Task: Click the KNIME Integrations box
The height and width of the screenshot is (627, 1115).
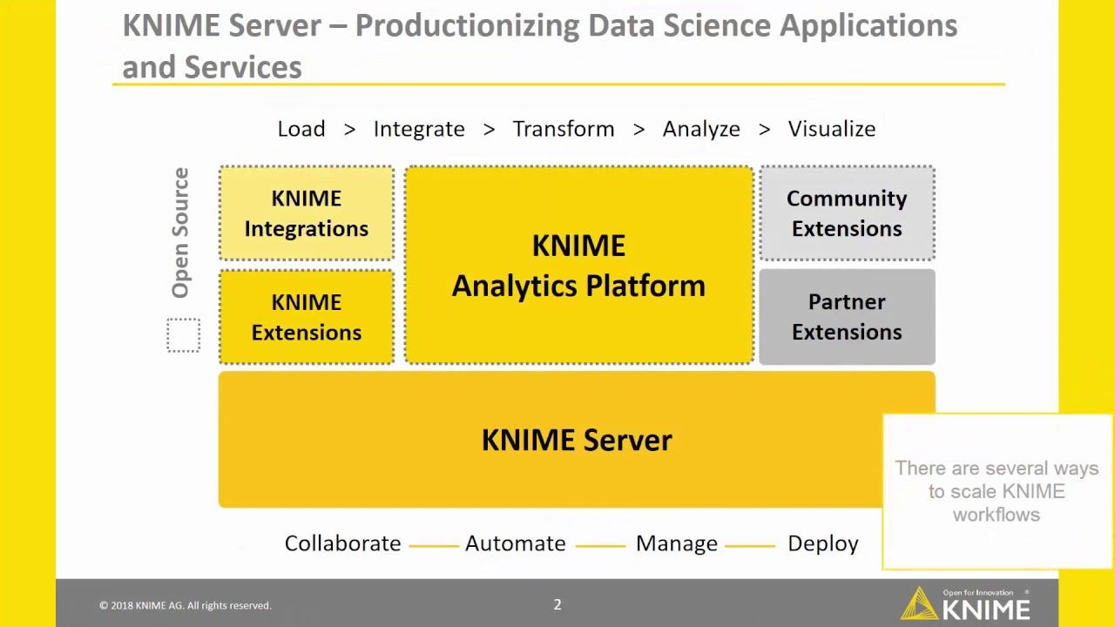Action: pos(306,213)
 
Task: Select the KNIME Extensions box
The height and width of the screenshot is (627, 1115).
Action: pos(306,317)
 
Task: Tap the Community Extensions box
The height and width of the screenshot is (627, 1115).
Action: pos(847,213)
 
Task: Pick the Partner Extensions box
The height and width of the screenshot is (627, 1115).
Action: pos(847,317)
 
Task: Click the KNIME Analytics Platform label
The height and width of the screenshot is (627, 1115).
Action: pos(578,266)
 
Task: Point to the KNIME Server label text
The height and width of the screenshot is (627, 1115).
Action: pos(577,440)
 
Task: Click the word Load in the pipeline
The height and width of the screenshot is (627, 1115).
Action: pos(301,129)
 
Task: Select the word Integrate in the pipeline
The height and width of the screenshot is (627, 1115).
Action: pos(419,129)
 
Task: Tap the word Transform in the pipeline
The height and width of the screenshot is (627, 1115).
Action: pos(564,129)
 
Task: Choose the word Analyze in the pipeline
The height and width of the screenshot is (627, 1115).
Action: pos(701,129)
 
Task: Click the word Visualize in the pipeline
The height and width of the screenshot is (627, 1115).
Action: pos(832,129)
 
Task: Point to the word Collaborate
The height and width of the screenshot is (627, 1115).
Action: pos(342,543)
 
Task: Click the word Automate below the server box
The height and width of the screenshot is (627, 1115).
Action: pos(516,543)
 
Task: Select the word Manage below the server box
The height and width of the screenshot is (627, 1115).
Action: pos(677,543)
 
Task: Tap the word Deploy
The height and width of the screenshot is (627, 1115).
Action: pos(823,543)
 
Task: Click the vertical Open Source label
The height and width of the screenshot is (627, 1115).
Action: pos(180,233)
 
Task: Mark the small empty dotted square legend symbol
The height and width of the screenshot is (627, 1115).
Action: pos(183,335)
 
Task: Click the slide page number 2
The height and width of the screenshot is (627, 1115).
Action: pos(557,604)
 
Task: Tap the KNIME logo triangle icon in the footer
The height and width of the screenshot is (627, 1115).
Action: pos(919,603)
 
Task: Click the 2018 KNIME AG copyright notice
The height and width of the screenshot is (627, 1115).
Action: pos(185,605)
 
